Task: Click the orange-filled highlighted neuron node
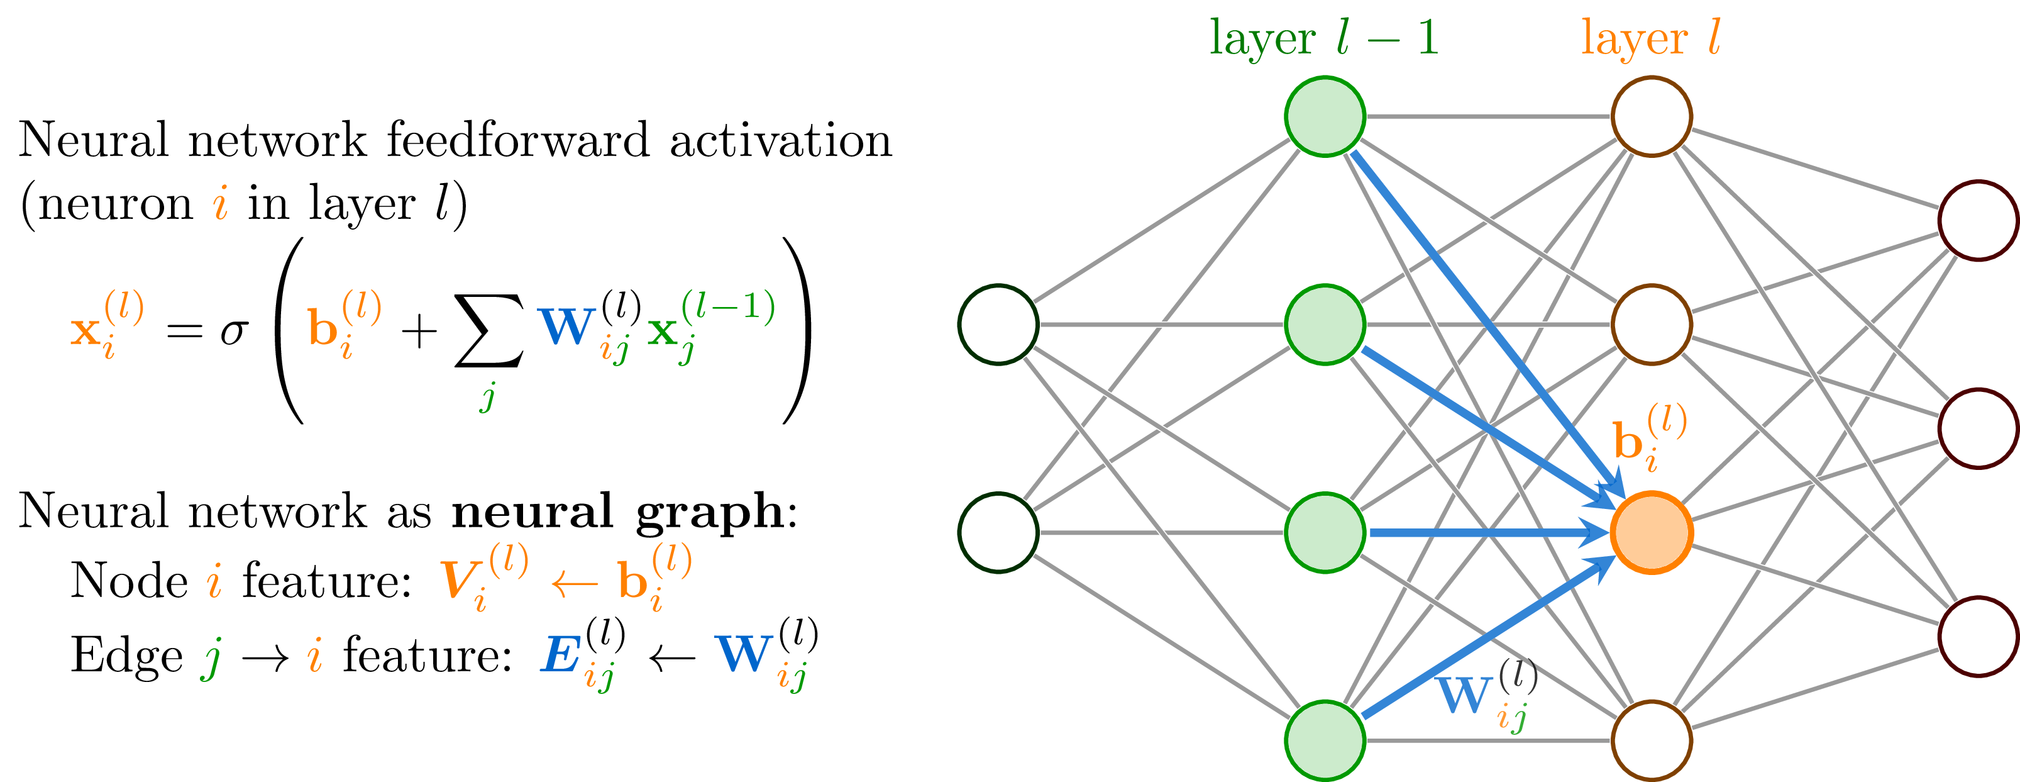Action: click(x=1651, y=533)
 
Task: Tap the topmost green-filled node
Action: click(x=1325, y=116)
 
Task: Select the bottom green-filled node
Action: click(x=1325, y=740)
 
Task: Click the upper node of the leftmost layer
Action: click(x=998, y=324)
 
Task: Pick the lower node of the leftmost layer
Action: click(x=998, y=533)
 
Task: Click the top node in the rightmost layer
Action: click(x=1978, y=220)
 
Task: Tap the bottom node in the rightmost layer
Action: click(x=1978, y=636)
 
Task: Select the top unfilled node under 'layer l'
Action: click(x=1651, y=116)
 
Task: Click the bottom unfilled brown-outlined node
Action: click(x=1651, y=740)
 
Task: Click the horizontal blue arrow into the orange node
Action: click(x=1482, y=533)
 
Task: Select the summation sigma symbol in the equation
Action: click(x=488, y=331)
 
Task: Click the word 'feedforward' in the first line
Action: click(x=517, y=141)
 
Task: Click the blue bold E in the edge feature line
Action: click(x=560, y=656)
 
